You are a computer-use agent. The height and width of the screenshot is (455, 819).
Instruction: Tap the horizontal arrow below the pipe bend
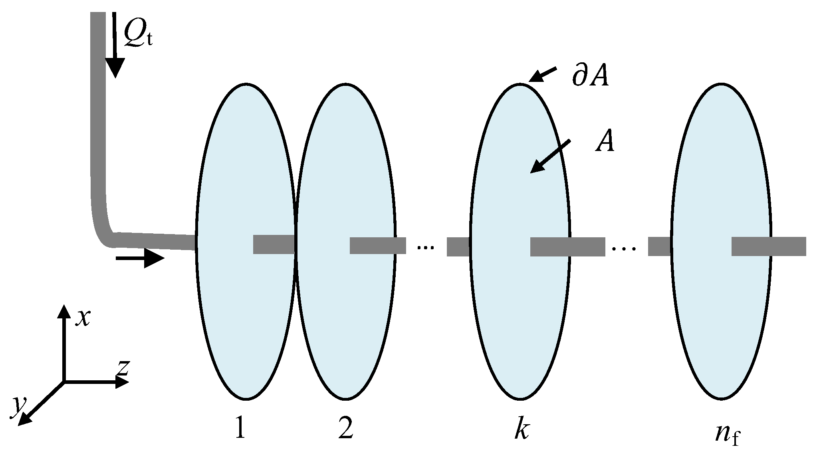(140, 258)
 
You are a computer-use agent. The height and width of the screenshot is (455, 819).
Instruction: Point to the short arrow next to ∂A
(542, 75)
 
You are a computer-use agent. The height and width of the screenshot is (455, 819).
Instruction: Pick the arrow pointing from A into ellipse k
(550, 157)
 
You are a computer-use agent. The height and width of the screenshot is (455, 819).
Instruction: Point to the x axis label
(83, 318)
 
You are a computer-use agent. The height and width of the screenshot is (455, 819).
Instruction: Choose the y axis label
(17, 405)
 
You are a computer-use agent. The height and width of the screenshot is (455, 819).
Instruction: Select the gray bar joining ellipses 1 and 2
(274, 244)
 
